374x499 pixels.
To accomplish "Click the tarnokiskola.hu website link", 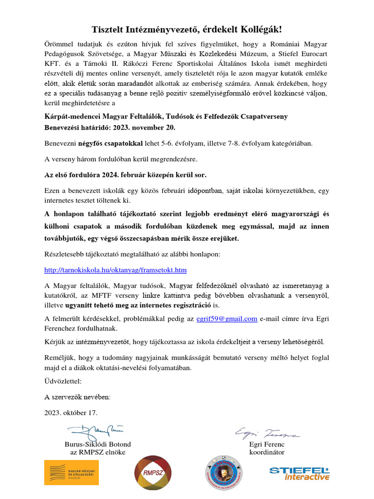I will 115,269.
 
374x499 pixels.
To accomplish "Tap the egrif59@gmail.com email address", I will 226,319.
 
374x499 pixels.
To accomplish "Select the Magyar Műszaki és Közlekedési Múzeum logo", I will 72,472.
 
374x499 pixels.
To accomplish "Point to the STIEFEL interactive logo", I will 299,473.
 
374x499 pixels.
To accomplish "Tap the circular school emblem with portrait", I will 224,472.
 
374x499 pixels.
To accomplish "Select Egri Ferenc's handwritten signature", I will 267,433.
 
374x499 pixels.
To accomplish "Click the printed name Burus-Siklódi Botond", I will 97,444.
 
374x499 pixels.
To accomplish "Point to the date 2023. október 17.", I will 71,412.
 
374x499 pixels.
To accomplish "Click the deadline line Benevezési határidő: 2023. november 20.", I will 110,128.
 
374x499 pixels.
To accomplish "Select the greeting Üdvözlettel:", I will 63,381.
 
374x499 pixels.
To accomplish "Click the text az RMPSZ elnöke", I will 97,452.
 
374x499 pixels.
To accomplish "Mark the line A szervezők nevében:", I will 77,397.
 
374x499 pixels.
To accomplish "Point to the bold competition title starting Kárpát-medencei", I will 166,116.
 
